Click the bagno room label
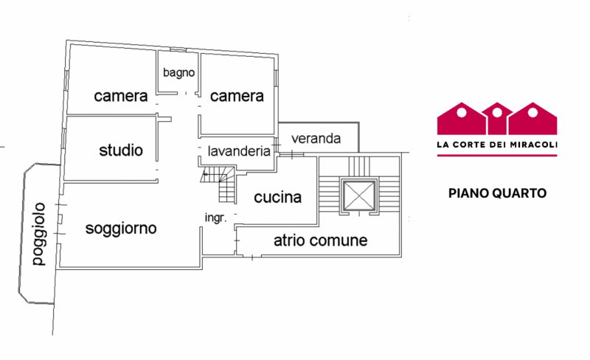178,72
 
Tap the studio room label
121,151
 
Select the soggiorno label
121,228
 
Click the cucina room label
277,198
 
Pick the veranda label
316,138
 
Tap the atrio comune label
320,240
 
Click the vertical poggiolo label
38,234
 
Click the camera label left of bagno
121,97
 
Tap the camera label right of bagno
237,97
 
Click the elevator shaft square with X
357,195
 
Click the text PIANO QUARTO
497,194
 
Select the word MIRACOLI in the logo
532,145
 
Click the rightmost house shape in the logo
533,119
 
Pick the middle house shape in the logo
496,119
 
